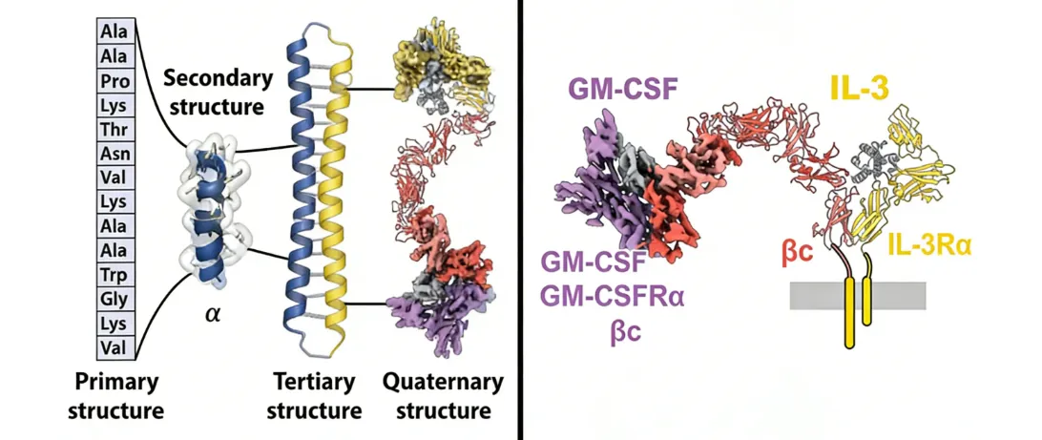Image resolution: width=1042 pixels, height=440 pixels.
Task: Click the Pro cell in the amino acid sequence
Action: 119,78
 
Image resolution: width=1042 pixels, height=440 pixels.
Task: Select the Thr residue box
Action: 119,128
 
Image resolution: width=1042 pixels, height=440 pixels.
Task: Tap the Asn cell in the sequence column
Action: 119,153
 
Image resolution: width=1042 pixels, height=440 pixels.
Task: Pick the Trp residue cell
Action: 119,276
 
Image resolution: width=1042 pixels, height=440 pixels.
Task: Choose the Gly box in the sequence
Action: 119,301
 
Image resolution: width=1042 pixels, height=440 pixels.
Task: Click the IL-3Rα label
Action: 929,245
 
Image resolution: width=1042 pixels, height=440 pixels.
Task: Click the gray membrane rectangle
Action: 897,295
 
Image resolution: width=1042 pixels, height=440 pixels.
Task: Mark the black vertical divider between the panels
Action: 521,220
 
